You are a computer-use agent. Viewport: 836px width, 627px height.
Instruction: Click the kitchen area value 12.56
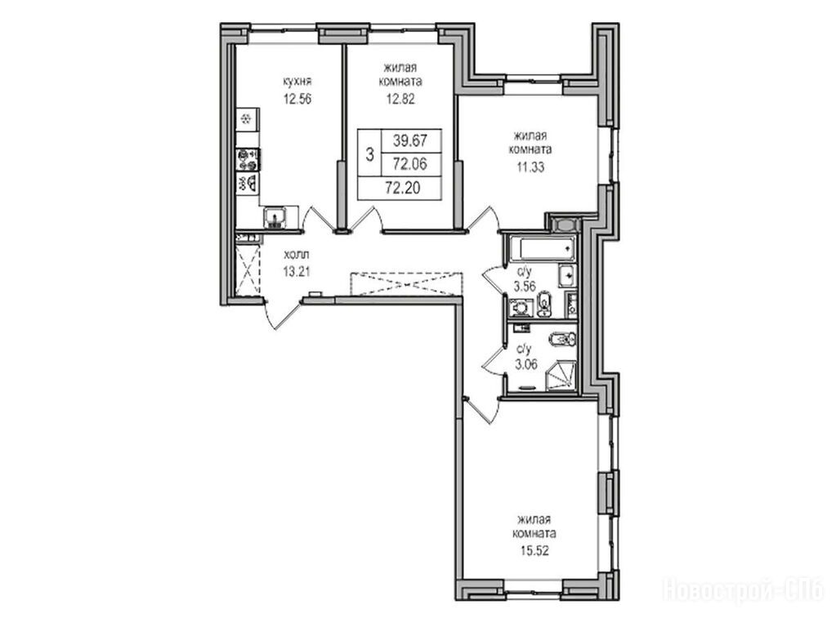[297, 99]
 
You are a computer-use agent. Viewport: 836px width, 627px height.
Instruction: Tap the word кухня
[297, 82]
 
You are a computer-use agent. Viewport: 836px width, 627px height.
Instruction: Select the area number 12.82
[400, 99]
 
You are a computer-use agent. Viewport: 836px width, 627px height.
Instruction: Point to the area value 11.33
[530, 167]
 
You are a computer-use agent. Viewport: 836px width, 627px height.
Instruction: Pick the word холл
[297, 255]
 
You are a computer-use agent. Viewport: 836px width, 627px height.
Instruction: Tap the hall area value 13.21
[297, 271]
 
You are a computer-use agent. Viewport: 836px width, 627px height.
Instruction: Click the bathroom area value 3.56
[525, 287]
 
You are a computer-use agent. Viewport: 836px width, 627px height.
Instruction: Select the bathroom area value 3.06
[525, 364]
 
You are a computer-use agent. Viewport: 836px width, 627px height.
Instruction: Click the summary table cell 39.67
[410, 140]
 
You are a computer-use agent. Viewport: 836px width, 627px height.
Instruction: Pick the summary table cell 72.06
[410, 164]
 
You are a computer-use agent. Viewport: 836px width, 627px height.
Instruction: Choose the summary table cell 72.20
[402, 188]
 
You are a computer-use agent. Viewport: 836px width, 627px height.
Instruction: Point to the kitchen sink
[275, 217]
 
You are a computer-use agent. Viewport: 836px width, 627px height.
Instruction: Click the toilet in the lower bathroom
[561, 340]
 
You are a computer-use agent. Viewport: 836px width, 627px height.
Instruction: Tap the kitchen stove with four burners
[248, 159]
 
